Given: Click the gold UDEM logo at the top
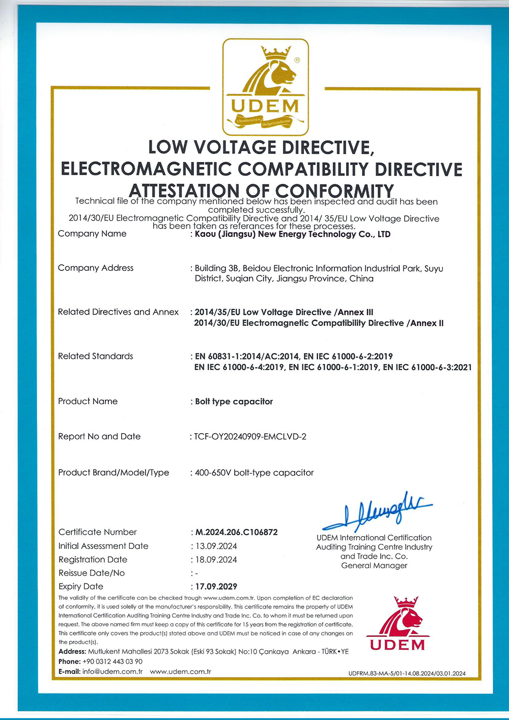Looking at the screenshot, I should (x=265, y=87).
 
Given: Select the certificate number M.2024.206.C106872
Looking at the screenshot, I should (x=237, y=532).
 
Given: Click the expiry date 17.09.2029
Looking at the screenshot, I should (x=216, y=587).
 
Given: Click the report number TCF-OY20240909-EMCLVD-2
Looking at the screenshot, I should (x=250, y=436).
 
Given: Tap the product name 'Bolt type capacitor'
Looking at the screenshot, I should (x=234, y=402).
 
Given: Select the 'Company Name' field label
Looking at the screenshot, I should (x=92, y=234).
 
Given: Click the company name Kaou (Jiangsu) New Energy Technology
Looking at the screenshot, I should (x=293, y=234).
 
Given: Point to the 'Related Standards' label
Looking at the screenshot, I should (x=96, y=356).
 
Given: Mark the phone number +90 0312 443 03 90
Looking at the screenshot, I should (x=112, y=661).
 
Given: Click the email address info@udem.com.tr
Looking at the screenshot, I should (x=112, y=672).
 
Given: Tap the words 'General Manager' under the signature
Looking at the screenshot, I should (x=374, y=566).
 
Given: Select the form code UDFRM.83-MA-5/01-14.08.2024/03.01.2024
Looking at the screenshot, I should (x=407, y=674).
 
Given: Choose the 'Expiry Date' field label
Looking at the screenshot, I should (x=81, y=587).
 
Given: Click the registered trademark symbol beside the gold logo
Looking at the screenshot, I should (x=297, y=60).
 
